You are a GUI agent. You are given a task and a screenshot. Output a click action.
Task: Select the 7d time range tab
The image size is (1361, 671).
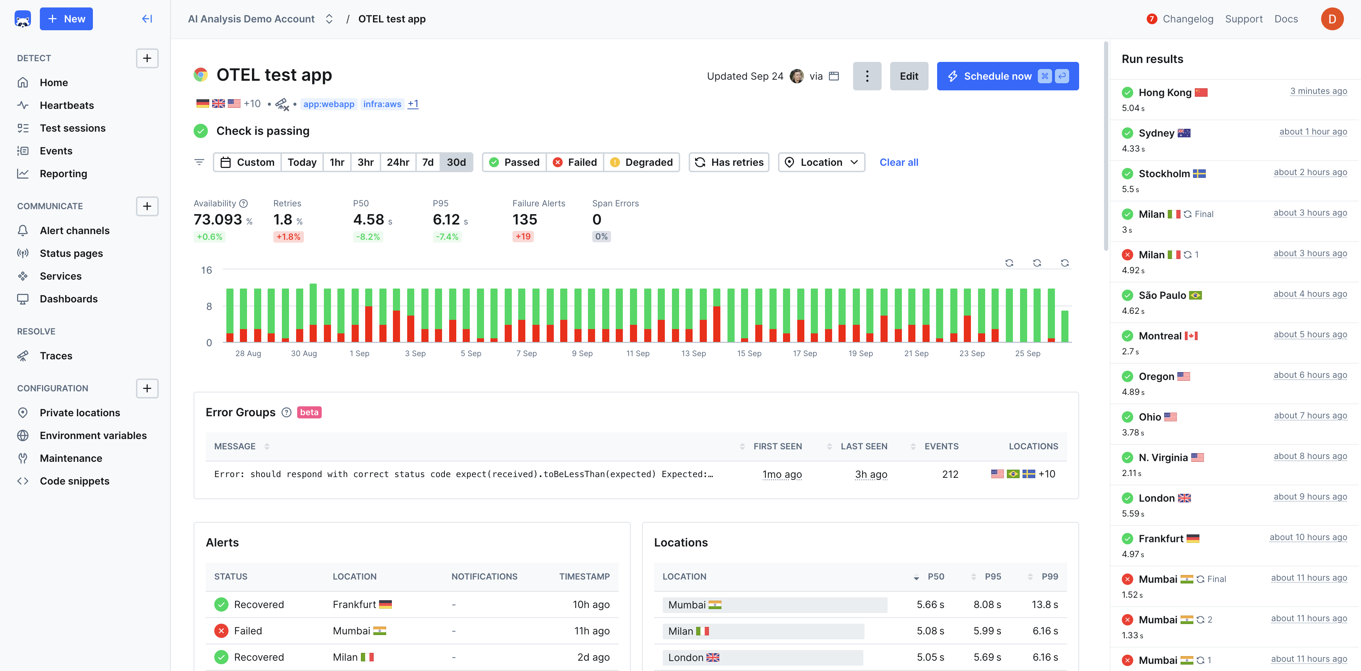tap(427, 162)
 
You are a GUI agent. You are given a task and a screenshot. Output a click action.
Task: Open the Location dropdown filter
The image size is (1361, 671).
tap(821, 162)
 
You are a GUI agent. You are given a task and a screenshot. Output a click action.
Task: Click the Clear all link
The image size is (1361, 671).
tap(898, 162)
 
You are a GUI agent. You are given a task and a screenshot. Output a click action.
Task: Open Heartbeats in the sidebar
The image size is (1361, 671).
tap(67, 105)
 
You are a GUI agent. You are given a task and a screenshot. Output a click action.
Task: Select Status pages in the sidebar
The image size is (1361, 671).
tap(71, 253)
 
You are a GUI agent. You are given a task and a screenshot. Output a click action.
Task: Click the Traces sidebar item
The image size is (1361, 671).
tap(56, 355)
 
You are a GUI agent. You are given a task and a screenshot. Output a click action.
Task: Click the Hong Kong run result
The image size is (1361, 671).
tap(1165, 93)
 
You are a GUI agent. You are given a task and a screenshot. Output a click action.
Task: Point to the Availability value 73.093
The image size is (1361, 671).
tap(218, 219)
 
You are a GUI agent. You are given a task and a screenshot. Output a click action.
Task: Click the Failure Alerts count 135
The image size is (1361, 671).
tap(524, 219)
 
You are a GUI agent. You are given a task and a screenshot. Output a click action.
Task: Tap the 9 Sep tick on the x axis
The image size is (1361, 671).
tap(582, 353)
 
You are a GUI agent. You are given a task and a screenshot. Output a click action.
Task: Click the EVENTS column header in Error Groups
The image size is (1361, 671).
tap(941, 447)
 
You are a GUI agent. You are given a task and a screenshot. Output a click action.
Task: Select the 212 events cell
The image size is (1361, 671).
tap(950, 474)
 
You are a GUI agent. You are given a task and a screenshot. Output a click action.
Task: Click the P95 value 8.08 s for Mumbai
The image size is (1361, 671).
tap(987, 604)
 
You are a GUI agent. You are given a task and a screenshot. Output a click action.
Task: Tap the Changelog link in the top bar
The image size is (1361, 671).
tap(1187, 19)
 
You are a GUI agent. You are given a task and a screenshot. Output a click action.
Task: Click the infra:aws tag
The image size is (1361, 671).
tap(382, 104)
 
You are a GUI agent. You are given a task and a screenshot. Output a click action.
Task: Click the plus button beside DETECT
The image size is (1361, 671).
tap(147, 58)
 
